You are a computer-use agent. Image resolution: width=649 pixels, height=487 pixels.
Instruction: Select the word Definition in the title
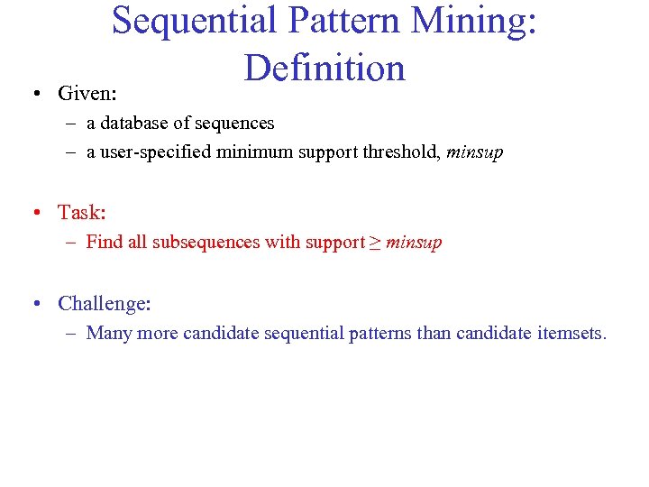click(x=324, y=68)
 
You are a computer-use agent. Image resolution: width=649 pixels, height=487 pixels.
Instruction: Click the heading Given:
click(x=87, y=94)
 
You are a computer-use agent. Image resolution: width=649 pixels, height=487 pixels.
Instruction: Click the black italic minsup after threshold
click(x=474, y=152)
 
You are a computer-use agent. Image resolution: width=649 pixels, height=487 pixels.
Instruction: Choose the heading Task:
click(x=82, y=213)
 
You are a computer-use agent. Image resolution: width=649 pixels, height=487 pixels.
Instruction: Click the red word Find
click(x=104, y=243)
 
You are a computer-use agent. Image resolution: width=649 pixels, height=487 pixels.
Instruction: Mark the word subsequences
click(x=204, y=243)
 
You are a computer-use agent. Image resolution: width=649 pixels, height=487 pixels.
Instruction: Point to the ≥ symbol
click(x=374, y=243)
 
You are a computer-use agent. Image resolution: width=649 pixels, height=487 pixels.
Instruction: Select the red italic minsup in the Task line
click(x=413, y=243)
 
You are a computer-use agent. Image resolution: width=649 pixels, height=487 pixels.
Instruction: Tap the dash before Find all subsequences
click(x=71, y=243)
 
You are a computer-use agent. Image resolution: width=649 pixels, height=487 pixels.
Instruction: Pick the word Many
click(x=108, y=334)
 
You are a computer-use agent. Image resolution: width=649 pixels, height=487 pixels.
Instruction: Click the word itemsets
click(x=572, y=334)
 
